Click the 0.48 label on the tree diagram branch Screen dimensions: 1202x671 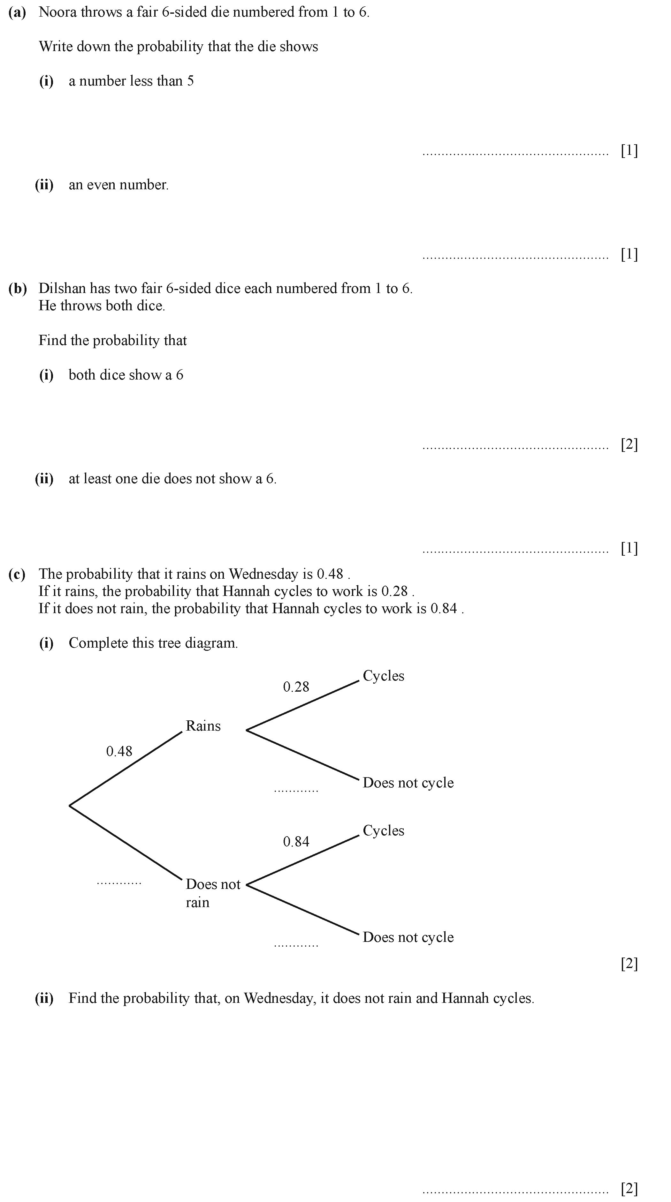coord(119,751)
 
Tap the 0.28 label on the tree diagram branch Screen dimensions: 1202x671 coord(296,687)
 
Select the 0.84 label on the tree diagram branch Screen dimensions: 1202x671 coord(296,841)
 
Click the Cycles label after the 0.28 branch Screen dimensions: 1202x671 coord(383,676)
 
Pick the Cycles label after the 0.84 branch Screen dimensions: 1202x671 coord(383,830)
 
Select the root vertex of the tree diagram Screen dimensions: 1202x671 coord(70,805)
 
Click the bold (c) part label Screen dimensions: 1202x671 coord(17,574)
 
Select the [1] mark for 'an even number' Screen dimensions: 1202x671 coord(629,254)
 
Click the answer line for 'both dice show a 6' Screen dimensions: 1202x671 coord(515,448)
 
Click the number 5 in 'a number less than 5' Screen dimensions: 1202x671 coord(191,81)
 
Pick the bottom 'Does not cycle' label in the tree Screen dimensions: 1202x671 coord(408,937)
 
